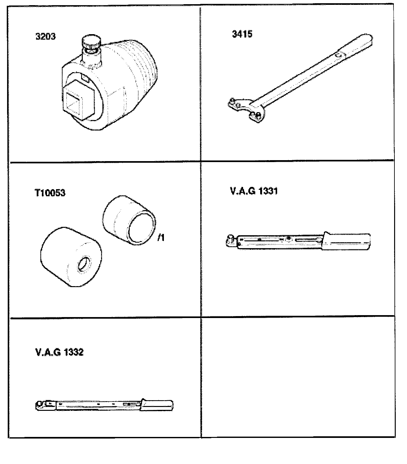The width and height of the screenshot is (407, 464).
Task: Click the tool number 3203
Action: point(45,36)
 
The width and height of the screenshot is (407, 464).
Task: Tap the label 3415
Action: point(242,34)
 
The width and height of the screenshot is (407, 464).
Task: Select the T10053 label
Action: point(50,193)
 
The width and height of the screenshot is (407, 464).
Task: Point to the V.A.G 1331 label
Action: point(254,191)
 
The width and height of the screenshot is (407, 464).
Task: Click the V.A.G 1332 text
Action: point(59,352)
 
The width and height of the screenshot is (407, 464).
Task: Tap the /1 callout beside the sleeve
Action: point(161,238)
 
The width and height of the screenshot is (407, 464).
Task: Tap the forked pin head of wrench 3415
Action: point(246,110)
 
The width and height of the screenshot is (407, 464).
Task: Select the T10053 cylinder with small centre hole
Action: point(71,257)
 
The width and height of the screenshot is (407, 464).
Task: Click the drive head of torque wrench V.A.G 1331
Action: point(232,240)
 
